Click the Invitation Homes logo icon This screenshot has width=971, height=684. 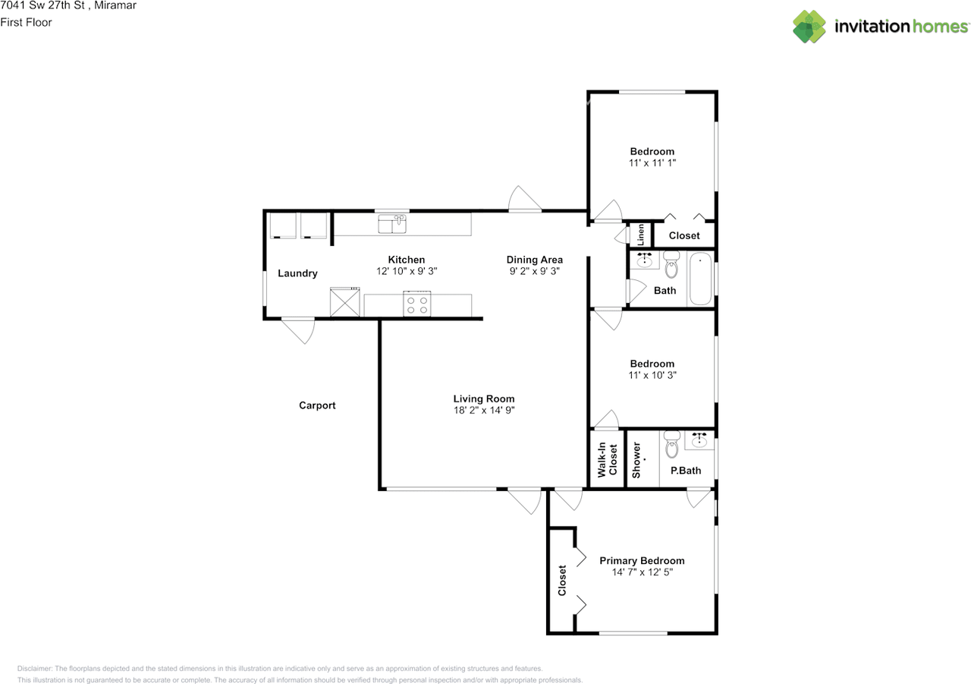click(x=809, y=27)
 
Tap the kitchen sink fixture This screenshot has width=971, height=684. click(x=392, y=224)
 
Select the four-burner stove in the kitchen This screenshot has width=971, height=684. click(x=417, y=304)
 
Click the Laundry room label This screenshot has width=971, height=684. click(x=297, y=273)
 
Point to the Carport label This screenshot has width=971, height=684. click(x=317, y=405)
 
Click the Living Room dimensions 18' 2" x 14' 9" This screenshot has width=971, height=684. click(x=484, y=411)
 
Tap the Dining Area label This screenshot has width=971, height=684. click(x=535, y=260)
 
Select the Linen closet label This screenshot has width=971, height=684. click(x=640, y=235)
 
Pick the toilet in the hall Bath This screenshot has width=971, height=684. click(x=671, y=267)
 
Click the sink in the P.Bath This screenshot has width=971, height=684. click(x=699, y=440)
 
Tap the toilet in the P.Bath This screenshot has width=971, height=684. click(x=671, y=446)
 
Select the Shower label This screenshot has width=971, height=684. click(x=636, y=459)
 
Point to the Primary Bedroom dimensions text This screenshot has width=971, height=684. click(x=642, y=573)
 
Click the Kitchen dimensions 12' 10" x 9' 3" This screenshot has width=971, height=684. click(x=407, y=271)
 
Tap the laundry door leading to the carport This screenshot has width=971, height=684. click(x=297, y=329)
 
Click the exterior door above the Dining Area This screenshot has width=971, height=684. click(x=525, y=200)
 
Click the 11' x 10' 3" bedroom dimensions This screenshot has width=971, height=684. click(x=652, y=375)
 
